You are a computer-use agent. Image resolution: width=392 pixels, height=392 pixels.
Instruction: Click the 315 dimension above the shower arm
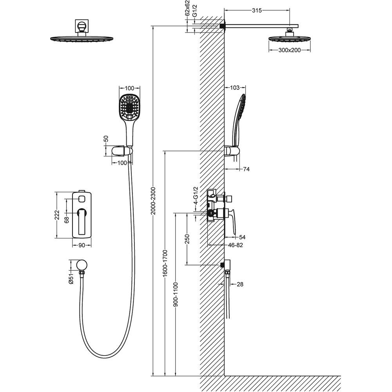coord(257,11)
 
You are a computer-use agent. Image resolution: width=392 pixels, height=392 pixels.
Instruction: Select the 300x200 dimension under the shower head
coord(290,50)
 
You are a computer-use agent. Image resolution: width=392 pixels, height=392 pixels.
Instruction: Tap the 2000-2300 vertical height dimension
coord(153,201)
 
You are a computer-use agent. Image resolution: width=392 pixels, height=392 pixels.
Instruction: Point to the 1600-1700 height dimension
coord(165,263)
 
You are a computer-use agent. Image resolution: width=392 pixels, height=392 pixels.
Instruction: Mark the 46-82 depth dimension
coord(235,245)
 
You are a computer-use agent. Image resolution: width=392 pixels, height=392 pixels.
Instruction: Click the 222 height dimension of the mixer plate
coord(57,215)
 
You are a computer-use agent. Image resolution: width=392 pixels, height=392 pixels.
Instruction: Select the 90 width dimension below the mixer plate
coord(82,245)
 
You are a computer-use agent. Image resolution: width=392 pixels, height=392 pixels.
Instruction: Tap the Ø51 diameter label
coord(71,279)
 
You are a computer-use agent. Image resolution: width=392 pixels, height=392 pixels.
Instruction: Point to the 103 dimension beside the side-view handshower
coord(234,88)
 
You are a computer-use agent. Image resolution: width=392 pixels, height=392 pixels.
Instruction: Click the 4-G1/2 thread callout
coord(196,196)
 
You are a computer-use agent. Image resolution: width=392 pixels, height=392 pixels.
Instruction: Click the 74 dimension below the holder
coord(246,169)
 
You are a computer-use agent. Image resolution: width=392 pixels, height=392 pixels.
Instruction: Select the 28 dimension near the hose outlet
coord(240,284)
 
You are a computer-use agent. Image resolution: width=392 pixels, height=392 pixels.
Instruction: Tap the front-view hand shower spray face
coord(129,107)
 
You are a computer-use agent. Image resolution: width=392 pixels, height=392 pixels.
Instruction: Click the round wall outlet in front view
coord(82,265)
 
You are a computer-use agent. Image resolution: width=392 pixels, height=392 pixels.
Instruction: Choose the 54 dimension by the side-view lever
coord(242,237)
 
